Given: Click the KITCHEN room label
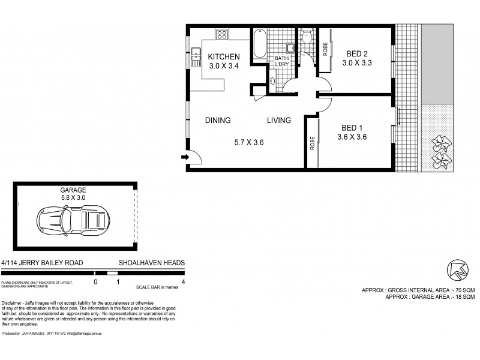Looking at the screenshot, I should [x=224, y=57].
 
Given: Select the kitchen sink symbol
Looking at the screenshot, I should [x=196, y=57].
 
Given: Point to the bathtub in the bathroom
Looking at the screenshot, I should [x=260, y=43].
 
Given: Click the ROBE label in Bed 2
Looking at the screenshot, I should [x=325, y=48].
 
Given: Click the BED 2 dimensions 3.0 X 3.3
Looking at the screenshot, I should [x=356, y=62].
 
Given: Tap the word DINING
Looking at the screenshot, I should [x=218, y=120].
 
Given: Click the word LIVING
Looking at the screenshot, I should [x=279, y=120].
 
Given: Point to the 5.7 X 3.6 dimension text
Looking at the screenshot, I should [x=249, y=142].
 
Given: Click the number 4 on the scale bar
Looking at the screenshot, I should [x=182, y=281].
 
